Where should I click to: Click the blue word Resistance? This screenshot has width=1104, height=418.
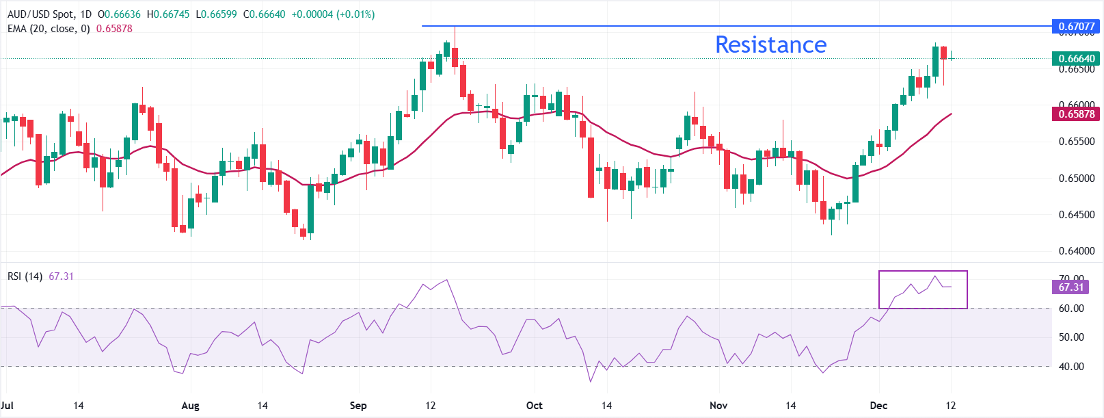(x=770, y=44)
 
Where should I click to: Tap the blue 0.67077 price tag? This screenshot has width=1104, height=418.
(x=1076, y=27)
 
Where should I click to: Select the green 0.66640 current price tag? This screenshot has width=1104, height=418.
(x=1076, y=58)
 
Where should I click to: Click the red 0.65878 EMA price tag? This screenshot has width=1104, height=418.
(x=1076, y=114)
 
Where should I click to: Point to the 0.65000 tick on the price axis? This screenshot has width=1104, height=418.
(x=1077, y=178)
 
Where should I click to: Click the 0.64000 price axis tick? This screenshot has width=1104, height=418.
(x=1077, y=250)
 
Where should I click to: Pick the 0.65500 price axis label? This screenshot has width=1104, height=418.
(x=1077, y=142)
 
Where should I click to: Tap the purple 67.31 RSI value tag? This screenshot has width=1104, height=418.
(x=1071, y=287)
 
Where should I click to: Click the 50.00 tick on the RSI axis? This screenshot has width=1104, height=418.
(x=1071, y=337)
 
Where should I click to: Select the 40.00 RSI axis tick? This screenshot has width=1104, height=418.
(x=1071, y=366)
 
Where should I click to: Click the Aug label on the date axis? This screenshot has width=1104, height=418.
(x=190, y=406)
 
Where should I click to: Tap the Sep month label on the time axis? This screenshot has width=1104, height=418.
(x=358, y=406)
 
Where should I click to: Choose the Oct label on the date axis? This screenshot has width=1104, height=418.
(x=534, y=406)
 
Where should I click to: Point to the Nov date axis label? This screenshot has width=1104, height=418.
(x=718, y=406)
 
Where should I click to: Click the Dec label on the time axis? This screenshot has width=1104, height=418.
(x=878, y=406)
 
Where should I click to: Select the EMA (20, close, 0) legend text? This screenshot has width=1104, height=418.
(x=49, y=29)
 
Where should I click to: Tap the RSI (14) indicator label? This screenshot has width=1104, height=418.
(x=25, y=276)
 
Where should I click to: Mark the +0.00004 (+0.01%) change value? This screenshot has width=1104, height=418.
(x=333, y=14)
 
